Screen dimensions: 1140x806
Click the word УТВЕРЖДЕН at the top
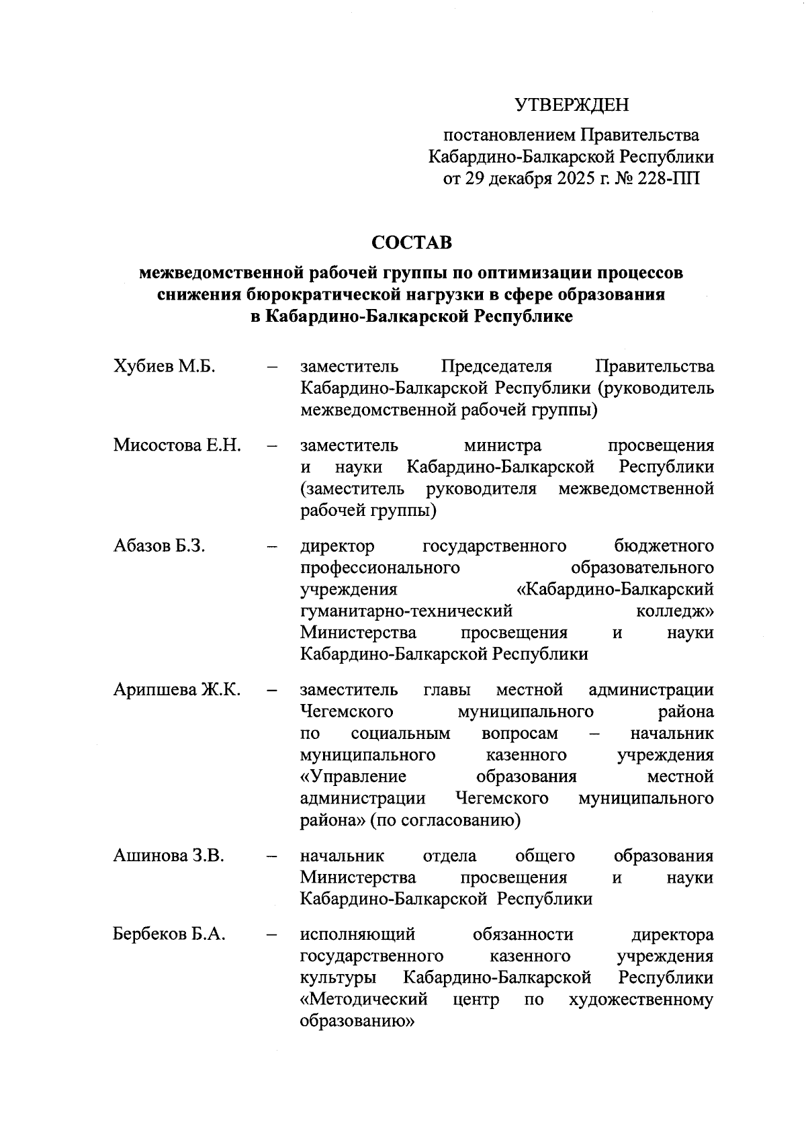(x=572, y=105)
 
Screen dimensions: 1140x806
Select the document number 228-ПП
(x=666, y=179)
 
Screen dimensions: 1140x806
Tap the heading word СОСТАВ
(x=412, y=242)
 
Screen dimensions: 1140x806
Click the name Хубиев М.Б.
(x=164, y=367)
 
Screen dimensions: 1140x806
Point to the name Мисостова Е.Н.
(x=177, y=445)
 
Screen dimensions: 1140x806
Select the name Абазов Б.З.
(x=159, y=545)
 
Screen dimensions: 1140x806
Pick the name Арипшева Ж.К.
(x=177, y=690)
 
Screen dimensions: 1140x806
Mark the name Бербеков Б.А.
(x=169, y=934)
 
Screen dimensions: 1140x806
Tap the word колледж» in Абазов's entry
(x=674, y=611)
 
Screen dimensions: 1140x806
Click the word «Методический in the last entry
(x=364, y=1000)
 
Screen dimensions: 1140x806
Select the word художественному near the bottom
(x=641, y=1000)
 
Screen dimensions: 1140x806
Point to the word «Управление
(x=353, y=777)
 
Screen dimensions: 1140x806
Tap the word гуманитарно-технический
(x=406, y=611)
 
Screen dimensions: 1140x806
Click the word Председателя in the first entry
(x=496, y=367)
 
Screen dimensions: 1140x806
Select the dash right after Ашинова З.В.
(x=272, y=857)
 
